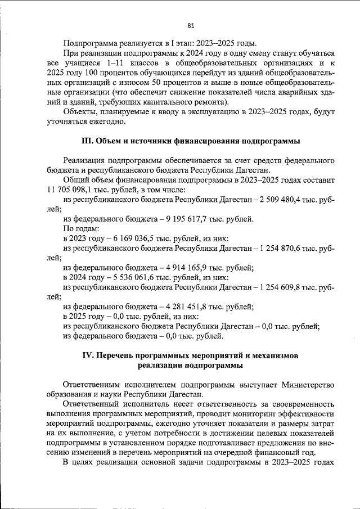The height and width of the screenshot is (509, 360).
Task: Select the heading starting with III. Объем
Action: (191, 139)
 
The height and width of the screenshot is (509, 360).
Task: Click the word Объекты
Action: (80, 112)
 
